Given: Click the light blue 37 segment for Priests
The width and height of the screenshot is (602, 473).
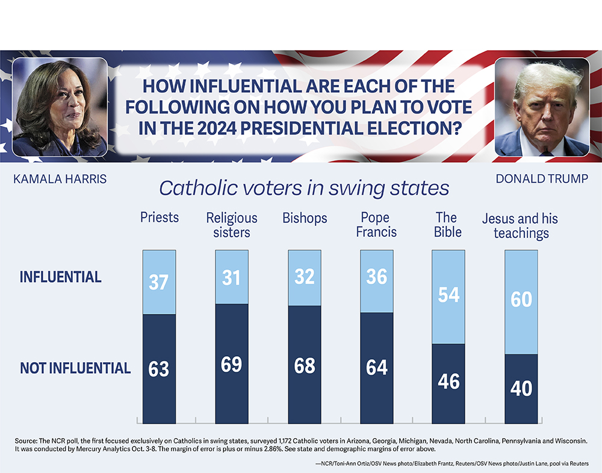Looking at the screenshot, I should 159,282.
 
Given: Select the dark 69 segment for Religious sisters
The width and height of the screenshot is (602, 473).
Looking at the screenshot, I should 232,364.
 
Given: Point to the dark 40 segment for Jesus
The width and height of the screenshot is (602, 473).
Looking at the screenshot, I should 521,389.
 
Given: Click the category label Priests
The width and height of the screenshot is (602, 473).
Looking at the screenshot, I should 159,218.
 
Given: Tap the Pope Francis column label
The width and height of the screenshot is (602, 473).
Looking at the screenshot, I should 376,224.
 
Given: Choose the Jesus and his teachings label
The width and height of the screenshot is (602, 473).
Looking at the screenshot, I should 520,225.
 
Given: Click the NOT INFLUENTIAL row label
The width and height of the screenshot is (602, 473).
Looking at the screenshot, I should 75,368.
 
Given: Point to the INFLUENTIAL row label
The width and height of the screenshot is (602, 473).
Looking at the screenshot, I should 60,277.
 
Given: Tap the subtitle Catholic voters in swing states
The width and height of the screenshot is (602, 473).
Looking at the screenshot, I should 304,188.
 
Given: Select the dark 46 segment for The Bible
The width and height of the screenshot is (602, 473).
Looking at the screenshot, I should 449,382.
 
